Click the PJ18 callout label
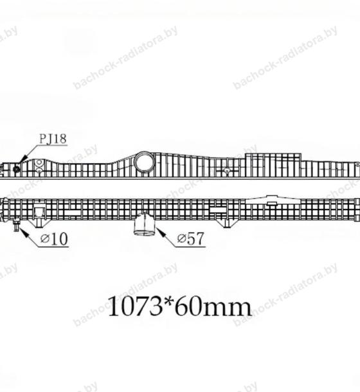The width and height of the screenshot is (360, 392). pyautogui.click(x=53, y=139)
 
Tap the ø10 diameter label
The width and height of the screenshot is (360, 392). pyautogui.click(x=54, y=239)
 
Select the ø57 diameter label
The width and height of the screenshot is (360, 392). pyautogui.click(x=191, y=239)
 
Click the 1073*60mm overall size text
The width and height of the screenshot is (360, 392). pyautogui.click(x=179, y=307)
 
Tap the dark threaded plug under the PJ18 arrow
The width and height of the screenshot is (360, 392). pyautogui.click(x=16, y=169)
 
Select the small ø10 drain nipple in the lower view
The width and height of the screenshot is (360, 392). pyautogui.click(x=17, y=224)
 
